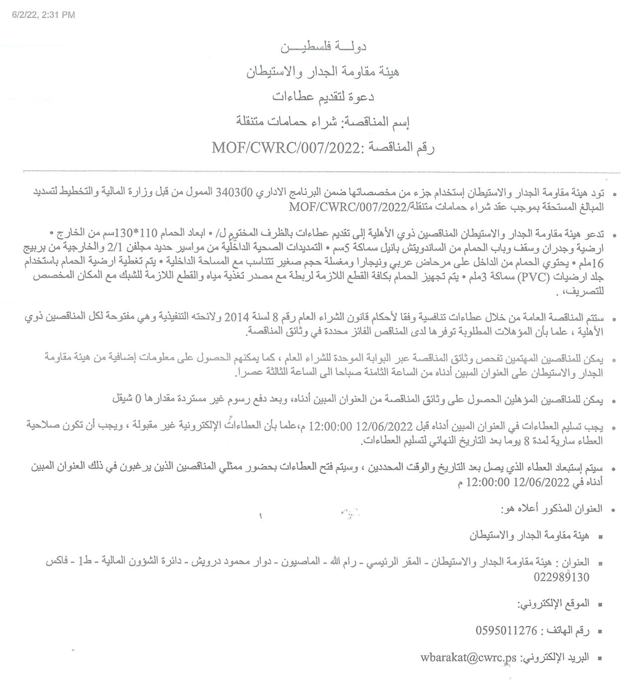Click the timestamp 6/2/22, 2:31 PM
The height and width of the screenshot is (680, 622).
43,15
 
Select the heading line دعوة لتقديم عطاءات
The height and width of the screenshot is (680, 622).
323,97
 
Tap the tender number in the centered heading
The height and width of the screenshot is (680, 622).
286,148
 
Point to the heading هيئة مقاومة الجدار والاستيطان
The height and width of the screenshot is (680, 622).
323,72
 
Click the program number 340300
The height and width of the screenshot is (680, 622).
234,193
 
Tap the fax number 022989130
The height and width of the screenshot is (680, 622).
561,577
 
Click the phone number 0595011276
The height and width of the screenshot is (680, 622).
507,630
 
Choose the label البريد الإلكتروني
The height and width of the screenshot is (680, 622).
555,658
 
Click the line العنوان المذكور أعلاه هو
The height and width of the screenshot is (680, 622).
551,509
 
